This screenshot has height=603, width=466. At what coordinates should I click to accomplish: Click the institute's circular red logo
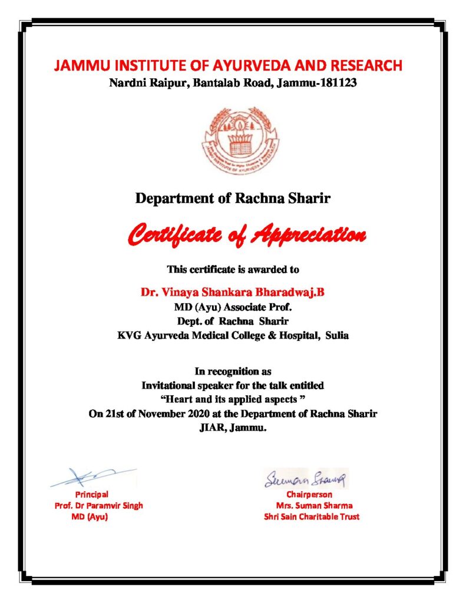coord(233,141)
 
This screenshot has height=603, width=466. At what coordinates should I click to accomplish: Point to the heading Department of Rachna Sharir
coord(233,198)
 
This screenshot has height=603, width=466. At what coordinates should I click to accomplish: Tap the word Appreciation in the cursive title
coord(309,236)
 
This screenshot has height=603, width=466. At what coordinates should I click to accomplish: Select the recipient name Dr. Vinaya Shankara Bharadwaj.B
coord(232,291)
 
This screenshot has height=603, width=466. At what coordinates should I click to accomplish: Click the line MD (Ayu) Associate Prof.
coord(233,306)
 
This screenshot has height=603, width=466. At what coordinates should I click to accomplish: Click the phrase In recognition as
coord(233,372)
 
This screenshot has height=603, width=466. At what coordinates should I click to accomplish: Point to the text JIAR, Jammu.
coord(233,428)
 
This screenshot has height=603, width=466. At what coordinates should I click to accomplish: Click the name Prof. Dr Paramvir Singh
coord(98,506)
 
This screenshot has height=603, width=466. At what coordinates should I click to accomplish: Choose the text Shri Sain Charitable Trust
coord(312,517)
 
